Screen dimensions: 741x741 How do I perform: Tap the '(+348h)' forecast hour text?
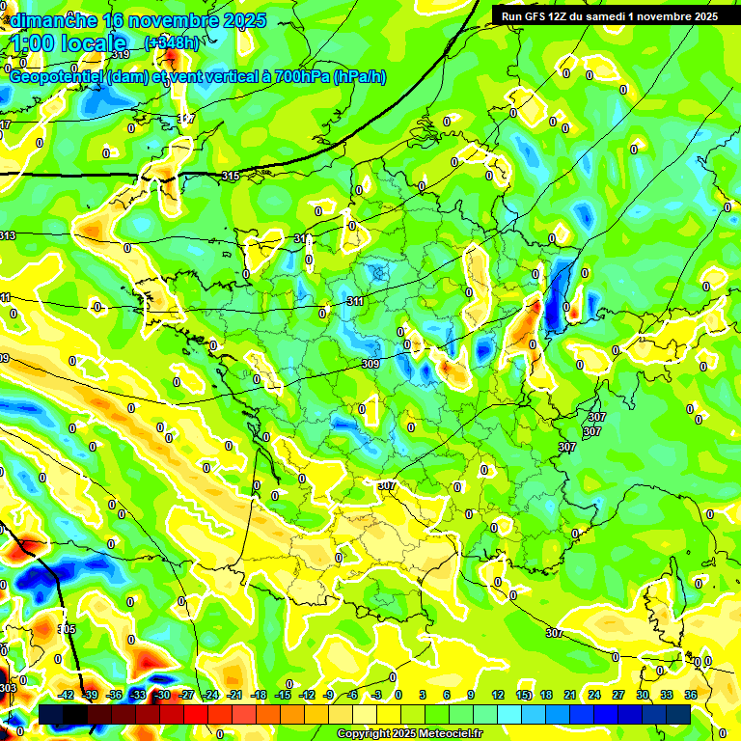tap(172, 42)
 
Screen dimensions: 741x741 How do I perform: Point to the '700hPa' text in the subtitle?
tap(300, 76)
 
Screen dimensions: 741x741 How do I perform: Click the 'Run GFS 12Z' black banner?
tap(616, 16)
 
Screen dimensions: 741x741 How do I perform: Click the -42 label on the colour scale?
tap(67, 695)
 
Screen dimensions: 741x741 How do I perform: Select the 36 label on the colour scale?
tap(691, 695)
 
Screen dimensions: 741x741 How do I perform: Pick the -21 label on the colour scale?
tap(233, 695)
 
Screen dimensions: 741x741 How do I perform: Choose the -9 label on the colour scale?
tap(328, 695)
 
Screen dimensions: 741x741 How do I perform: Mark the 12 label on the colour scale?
tap(498, 695)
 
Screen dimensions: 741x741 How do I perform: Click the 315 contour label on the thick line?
tap(230, 176)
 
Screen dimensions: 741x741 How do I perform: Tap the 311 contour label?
tap(355, 302)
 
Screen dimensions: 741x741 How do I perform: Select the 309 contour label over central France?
tap(370, 364)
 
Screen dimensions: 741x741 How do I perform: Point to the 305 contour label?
tap(67, 629)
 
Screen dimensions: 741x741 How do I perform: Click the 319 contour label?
tap(121, 55)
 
